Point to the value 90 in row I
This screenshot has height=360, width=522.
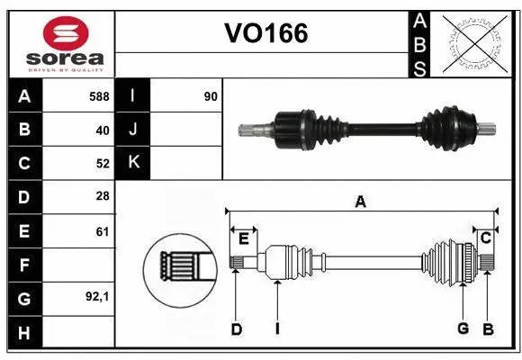pyautogui.click(x=211, y=94)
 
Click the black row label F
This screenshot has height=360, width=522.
pyautogui.click(x=24, y=265)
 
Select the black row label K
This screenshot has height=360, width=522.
pyautogui.click(x=132, y=163)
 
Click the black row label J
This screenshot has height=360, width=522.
pyautogui.click(x=132, y=130)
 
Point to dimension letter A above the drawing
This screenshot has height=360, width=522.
pyautogui.click(x=360, y=202)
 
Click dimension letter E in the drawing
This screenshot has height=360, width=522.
pyautogui.click(x=243, y=238)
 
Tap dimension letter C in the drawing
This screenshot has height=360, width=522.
pyautogui.click(x=485, y=238)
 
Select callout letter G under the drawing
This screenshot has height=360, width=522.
pyautogui.click(x=463, y=328)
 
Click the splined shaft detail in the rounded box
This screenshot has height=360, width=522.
pyautogui.click(x=180, y=267)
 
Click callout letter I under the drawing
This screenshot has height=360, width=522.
pyautogui.click(x=277, y=328)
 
